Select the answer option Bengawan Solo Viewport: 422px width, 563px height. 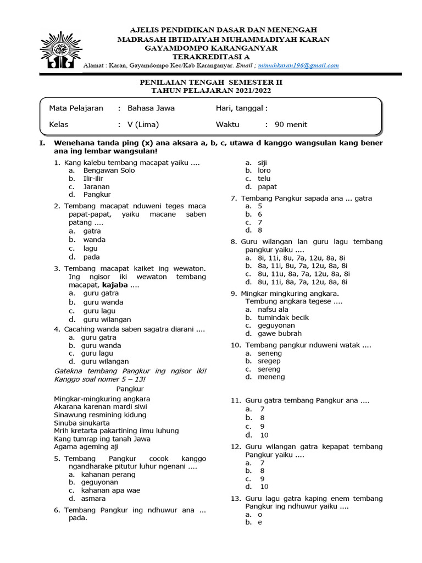(109, 170)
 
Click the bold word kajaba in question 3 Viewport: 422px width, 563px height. (115, 285)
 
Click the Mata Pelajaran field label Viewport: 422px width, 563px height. (76, 108)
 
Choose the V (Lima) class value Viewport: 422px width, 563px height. (143, 125)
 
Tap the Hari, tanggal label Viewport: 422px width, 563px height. (242, 108)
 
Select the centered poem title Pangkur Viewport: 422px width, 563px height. (130, 389)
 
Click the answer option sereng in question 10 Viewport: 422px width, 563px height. (269, 369)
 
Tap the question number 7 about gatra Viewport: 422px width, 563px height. (234, 198)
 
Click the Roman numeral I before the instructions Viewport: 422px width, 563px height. (41, 143)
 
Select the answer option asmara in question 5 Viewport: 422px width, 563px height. (93, 499)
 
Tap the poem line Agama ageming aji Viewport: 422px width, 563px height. (86, 447)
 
